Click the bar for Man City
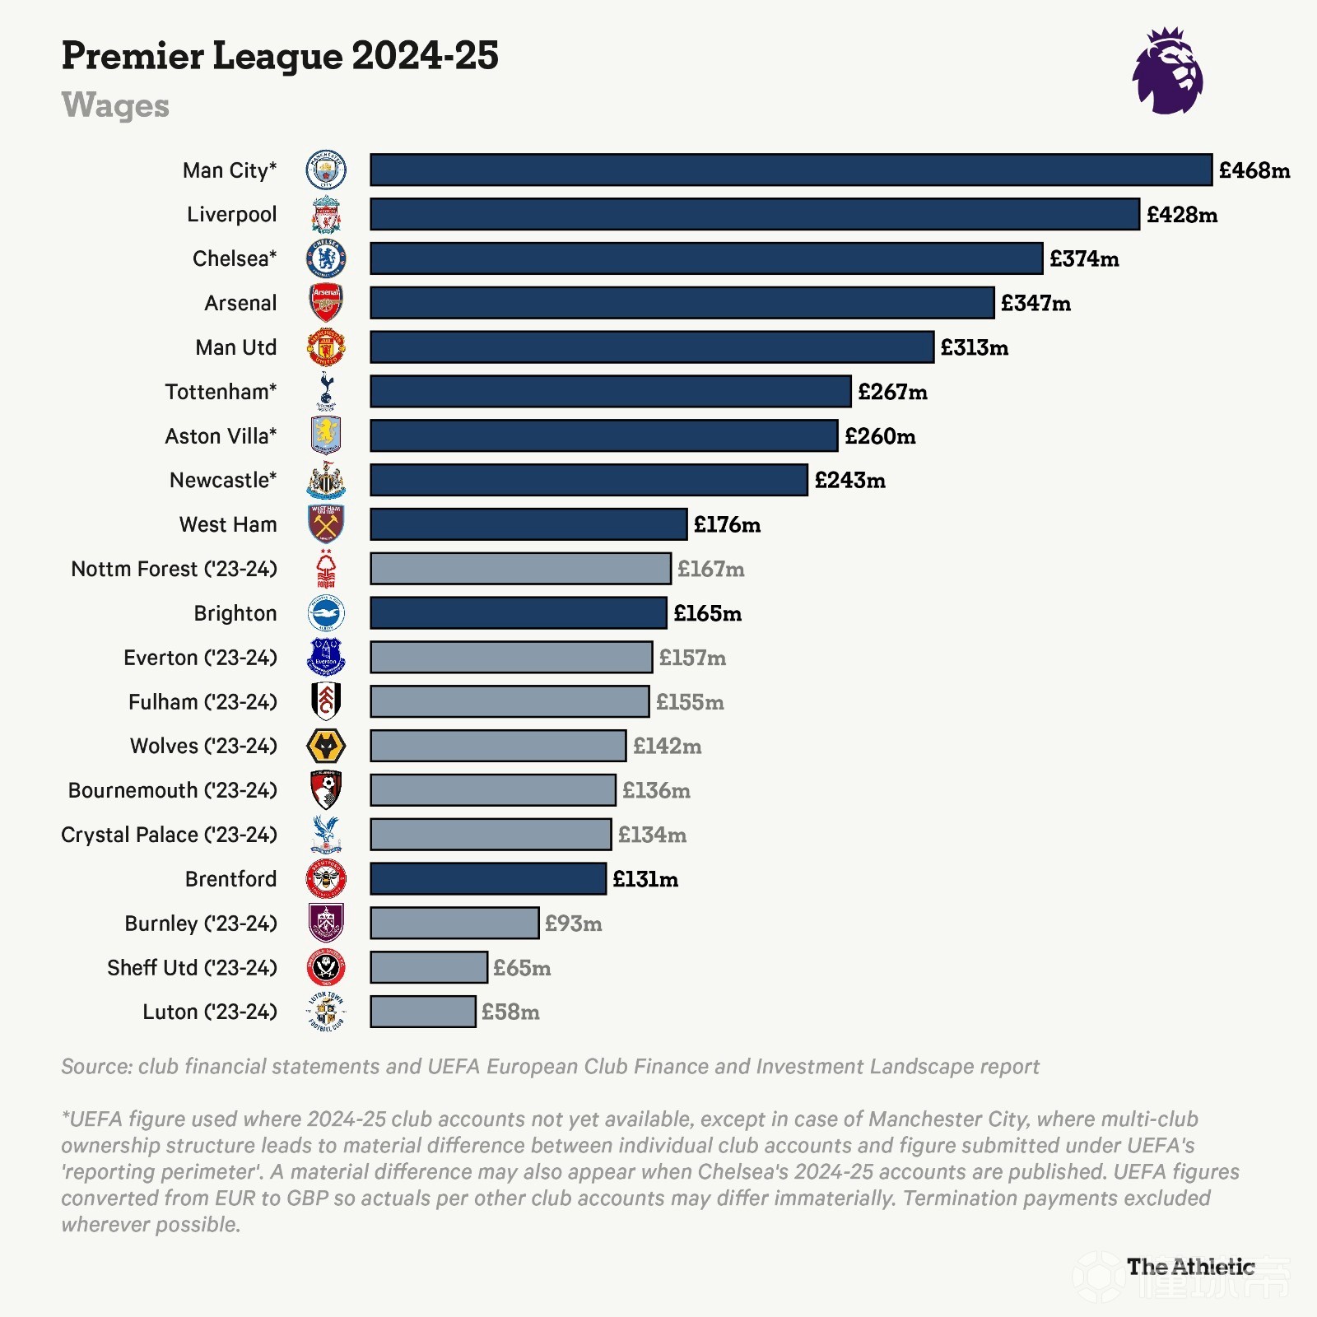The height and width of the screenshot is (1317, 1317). coord(790,170)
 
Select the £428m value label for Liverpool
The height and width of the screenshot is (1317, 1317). coord(1181,215)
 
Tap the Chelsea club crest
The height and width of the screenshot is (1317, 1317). coord(326,258)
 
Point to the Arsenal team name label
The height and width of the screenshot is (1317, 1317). coord(240,303)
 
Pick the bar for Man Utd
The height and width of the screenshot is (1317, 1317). coord(652,347)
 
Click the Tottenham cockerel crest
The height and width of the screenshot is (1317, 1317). coord(326,391)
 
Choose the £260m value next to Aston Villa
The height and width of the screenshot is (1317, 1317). coord(880,436)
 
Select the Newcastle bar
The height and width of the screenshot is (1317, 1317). coord(589,480)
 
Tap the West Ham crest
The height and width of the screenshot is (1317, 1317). coord(326,524)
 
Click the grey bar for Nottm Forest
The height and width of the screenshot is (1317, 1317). coord(520,569)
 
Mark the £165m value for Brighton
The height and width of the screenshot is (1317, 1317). coord(707,613)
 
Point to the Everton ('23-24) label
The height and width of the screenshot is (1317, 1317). coord(200,658)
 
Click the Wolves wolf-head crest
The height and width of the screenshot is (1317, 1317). coord(326,747)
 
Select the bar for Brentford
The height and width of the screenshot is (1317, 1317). coord(488,879)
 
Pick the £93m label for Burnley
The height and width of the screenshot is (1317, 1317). coord(573,924)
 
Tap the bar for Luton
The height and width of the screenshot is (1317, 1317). coord(423,1012)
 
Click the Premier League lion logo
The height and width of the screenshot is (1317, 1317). coord(1167,72)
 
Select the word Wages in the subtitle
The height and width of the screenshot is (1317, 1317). coord(115,105)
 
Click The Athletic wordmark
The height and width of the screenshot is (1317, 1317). coord(1190,1267)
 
